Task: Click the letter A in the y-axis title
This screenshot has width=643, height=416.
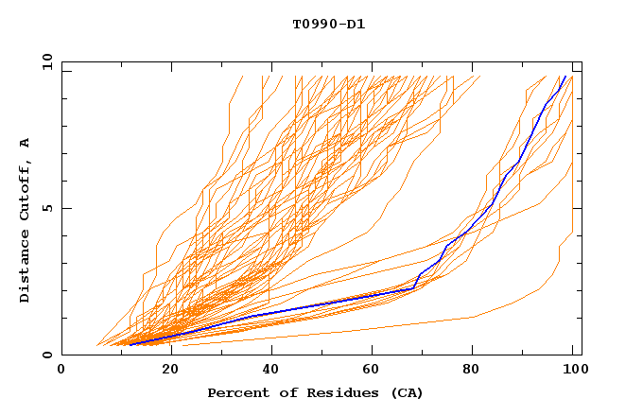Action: click(25, 143)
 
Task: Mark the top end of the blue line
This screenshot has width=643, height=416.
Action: click(565, 77)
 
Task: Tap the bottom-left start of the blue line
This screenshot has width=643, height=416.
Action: click(130, 345)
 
